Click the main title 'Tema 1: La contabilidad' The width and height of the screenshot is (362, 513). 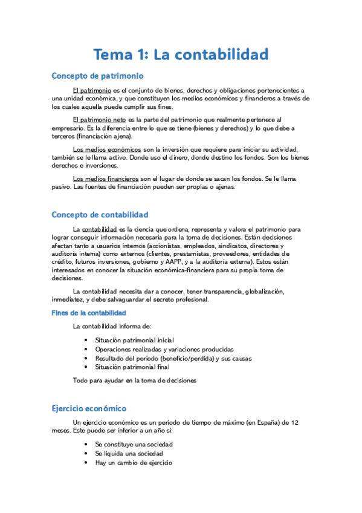(x=180, y=54)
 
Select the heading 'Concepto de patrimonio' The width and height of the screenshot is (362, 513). (x=97, y=76)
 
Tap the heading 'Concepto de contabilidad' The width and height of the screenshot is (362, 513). (x=100, y=215)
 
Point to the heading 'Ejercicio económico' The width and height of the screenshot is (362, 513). (x=89, y=408)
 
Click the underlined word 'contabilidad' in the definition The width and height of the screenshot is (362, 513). (x=99, y=230)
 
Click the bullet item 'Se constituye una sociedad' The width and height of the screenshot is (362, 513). (x=129, y=445)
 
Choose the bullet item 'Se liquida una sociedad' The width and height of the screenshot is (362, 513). (x=124, y=453)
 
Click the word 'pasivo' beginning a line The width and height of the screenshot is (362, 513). (x=61, y=187)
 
